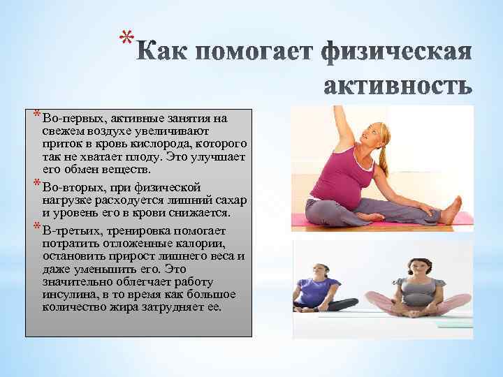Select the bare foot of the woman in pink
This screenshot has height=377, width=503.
tap(452, 209)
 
